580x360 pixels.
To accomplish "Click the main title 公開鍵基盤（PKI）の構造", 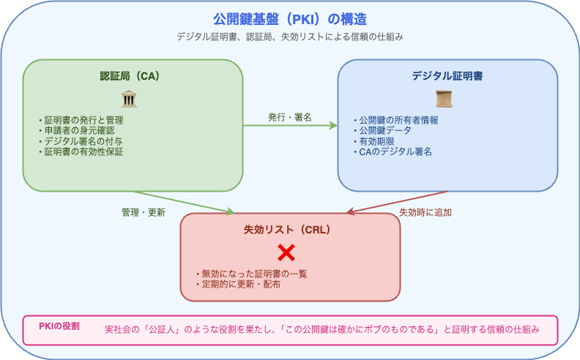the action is [x=290, y=19].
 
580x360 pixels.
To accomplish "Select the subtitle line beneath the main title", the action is [x=290, y=37].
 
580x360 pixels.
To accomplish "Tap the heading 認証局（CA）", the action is [x=130, y=76].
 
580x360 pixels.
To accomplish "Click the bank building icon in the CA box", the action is [x=129, y=99].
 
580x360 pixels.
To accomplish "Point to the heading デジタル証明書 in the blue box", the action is [x=447, y=76].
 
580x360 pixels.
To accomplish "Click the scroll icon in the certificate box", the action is [x=444, y=99].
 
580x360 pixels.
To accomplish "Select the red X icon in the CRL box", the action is [x=286, y=253].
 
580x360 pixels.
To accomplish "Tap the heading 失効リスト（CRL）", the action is [x=287, y=230].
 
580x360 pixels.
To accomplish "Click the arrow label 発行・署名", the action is [x=290, y=118].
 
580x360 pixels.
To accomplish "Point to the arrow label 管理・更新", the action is [x=144, y=212].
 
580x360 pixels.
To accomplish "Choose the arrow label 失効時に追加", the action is [x=425, y=212].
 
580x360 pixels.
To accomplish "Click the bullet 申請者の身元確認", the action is [x=77, y=130].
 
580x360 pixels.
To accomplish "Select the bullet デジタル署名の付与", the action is [x=81, y=141].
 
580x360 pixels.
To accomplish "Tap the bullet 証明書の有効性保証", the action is [x=81, y=151].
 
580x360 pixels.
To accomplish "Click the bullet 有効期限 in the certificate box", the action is [x=374, y=141].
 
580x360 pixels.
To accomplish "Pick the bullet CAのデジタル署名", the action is [x=393, y=151].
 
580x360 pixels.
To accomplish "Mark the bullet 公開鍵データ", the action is [x=382, y=130].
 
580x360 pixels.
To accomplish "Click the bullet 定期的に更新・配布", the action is [x=238, y=284].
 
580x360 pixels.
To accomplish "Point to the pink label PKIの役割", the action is [x=59, y=326].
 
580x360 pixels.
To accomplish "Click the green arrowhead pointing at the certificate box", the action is [x=333, y=126].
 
